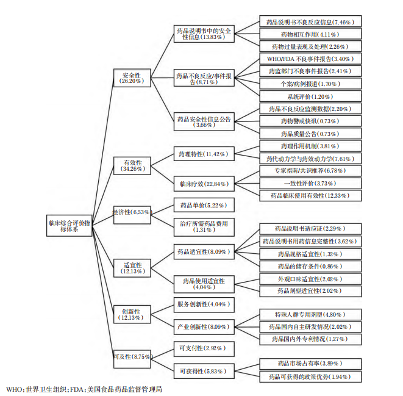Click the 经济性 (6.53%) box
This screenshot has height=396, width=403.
coord(131,212)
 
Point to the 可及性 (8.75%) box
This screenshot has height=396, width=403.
coord(131,356)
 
